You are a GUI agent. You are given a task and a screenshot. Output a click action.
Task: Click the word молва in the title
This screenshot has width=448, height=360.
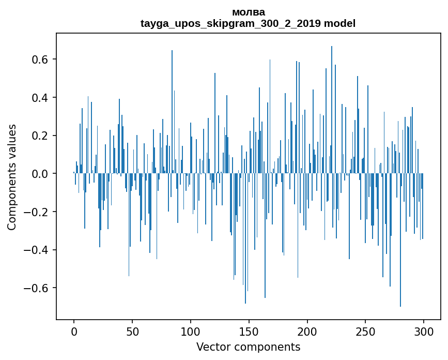(x=248, y=12)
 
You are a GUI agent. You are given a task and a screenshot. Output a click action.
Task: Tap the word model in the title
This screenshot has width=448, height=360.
(x=339, y=23)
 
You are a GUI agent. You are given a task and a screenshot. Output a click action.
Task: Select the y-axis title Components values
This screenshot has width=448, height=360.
(x=12, y=177)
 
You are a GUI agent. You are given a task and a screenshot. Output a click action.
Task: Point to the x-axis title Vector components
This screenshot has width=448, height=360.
(x=248, y=347)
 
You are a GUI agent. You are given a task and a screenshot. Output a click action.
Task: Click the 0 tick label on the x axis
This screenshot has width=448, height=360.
(x=74, y=331)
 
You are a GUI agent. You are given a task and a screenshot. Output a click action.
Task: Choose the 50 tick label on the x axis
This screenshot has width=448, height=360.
(x=132, y=331)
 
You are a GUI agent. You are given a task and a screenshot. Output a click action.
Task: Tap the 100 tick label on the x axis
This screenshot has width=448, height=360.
(x=191, y=331)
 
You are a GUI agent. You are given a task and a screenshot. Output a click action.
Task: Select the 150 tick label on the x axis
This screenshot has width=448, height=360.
(x=249, y=331)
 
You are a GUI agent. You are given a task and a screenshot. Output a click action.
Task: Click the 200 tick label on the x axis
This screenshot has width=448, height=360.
(x=307, y=331)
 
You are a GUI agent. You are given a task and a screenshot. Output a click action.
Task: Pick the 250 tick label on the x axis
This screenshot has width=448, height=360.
(x=366, y=331)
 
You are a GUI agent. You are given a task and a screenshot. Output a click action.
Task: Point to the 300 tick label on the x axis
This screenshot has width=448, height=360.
(x=424, y=331)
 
